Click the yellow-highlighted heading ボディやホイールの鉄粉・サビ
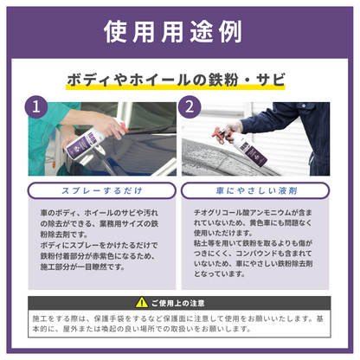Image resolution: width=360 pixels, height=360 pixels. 179,80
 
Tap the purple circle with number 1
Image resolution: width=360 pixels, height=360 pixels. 36,108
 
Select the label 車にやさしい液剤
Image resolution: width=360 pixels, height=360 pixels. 257,190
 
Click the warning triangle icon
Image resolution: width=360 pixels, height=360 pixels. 141,302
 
